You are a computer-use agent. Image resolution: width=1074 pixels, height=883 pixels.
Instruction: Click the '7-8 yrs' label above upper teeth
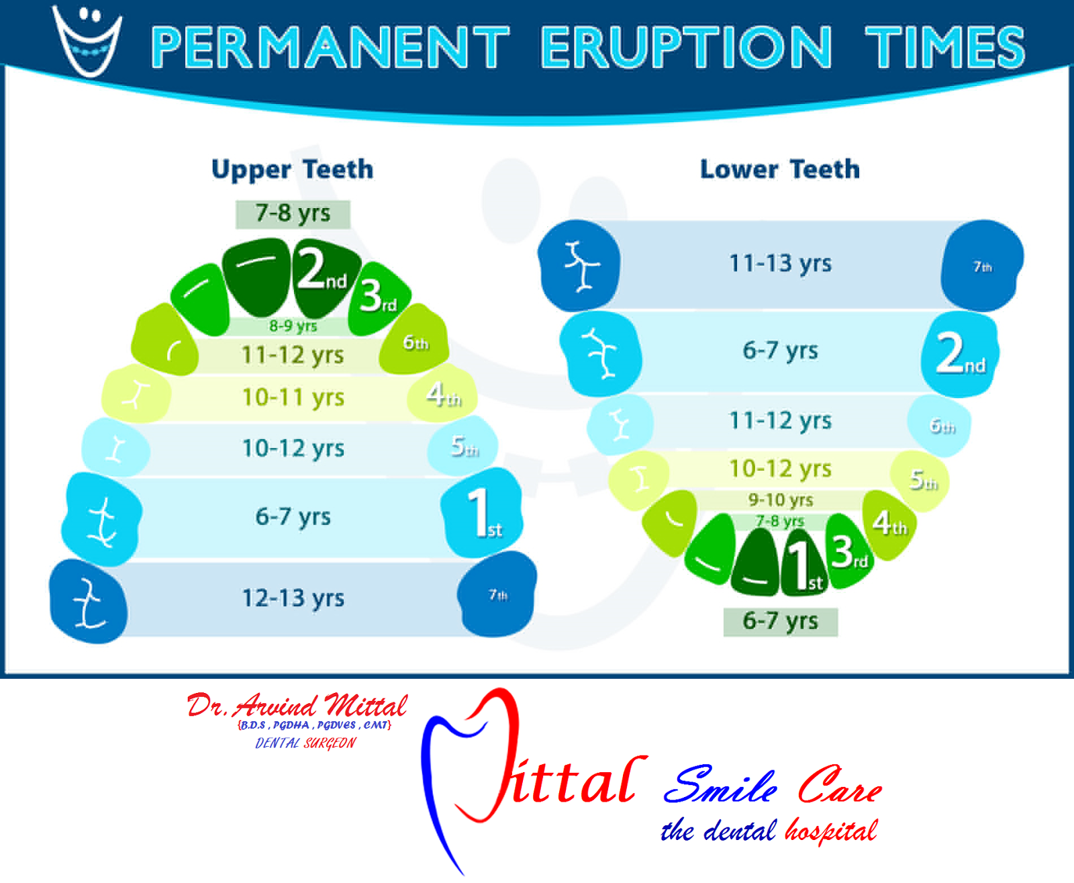(x=293, y=214)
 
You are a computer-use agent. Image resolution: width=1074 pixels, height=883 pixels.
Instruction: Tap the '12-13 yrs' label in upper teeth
(x=293, y=598)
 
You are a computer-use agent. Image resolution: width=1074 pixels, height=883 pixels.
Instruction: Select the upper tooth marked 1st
(x=482, y=514)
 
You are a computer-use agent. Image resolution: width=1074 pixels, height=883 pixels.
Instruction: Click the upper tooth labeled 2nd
(x=324, y=275)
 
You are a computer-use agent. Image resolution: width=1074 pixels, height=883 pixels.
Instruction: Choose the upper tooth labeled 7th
(x=497, y=595)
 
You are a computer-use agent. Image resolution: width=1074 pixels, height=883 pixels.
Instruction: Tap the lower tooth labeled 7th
(x=982, y=266)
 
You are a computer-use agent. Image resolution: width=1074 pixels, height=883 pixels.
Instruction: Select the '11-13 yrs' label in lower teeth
(x=780, y=263)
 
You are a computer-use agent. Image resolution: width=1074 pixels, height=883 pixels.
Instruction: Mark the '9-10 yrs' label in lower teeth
(x=780, y=500)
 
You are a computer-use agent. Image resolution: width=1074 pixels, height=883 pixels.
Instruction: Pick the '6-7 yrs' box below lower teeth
(x=780, y=621)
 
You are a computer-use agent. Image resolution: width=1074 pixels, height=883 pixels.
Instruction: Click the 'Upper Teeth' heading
(x=292, y=169)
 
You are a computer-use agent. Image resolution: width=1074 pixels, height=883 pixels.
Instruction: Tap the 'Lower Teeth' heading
(x=779, y=169)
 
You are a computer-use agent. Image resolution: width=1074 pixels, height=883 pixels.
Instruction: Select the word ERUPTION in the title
(x=686, y=47)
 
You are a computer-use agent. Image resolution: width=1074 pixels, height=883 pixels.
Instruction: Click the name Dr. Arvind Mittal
(x=297, y=706)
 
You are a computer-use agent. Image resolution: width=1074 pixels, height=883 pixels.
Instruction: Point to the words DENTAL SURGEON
(x=305, y=743)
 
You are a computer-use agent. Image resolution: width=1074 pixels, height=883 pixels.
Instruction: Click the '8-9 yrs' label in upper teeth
(x=293, y=326)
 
